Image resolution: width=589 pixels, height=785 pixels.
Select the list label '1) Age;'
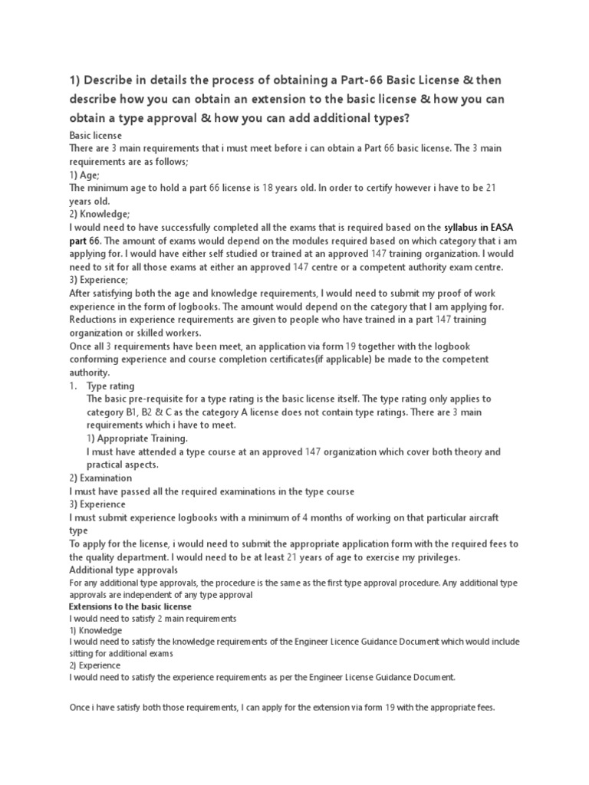[x=84, y=175]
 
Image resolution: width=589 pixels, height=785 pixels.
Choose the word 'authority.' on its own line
[x=90, y=373]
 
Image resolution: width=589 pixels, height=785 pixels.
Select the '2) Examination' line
[x=100, y=478]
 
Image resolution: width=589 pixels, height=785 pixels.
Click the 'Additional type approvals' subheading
[x=123, y=570]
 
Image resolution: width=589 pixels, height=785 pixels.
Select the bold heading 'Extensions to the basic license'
[x=130, y=606]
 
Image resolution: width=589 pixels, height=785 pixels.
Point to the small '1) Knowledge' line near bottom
[x=96, y=630]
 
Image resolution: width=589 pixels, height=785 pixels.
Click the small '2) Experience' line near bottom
[x=96, y=665]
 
